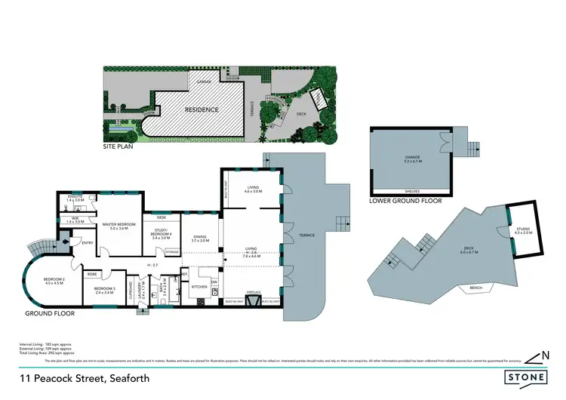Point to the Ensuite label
click(x=75, y=198)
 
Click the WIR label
click(x=74, y=220)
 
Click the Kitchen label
click(x=199, y=287)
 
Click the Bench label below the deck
click(x=475, y=288)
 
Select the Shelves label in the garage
click(x=411, y=191)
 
